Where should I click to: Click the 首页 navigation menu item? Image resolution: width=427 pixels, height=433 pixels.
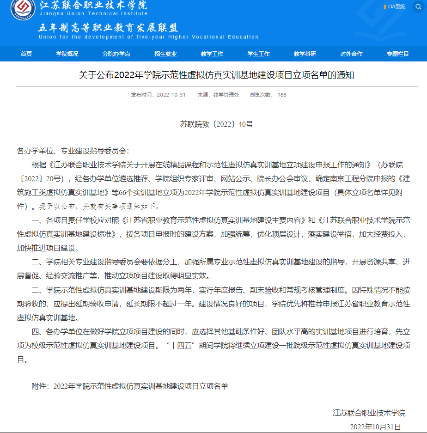coord(26,54)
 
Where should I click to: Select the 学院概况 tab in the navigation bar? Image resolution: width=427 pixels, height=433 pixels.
coord(67,54)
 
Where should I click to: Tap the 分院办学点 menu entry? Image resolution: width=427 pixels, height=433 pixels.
coord(116,54)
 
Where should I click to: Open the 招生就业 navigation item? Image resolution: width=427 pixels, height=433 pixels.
coord(165,54)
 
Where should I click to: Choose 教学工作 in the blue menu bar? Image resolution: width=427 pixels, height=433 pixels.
coord(212,54)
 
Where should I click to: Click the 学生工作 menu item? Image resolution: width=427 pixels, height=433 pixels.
coord(259,54)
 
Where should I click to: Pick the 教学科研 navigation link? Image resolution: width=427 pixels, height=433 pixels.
coord(305,54)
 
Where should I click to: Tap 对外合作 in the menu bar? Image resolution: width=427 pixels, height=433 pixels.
coord(351,54)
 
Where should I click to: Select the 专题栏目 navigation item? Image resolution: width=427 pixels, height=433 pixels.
coord(398,54)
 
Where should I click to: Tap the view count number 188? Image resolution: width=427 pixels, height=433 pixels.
coord(282,95)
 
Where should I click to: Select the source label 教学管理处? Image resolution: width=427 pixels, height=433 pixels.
coord(226,95)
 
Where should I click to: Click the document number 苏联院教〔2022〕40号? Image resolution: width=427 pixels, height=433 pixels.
coord(216,124)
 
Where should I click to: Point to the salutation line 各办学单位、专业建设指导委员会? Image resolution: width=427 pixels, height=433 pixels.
coord(73,151)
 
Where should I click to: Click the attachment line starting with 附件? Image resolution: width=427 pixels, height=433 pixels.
coord(130,386)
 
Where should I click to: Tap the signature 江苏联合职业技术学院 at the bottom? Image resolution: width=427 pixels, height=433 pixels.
coord(369,413)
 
